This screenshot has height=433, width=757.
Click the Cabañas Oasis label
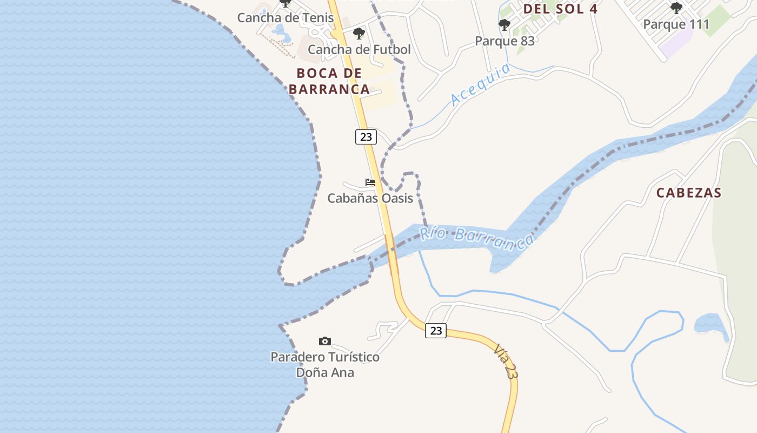click(370, 198)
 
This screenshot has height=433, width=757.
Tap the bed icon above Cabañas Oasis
click(370, 182)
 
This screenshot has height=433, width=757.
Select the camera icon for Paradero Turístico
click(324, 341)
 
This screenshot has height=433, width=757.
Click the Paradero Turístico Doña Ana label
click(324, 365)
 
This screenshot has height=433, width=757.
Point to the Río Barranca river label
click(476, 238)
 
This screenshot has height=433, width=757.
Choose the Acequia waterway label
click(480, 84)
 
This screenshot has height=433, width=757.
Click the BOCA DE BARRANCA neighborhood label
click(329, 81)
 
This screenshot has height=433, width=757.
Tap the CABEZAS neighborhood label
click(689, 193)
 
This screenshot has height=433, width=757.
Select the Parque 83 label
click(504, 41)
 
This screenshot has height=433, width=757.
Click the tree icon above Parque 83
click(504, 25)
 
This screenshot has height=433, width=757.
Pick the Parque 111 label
click(676, 24)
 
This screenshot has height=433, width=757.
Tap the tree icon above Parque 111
click(676, 8)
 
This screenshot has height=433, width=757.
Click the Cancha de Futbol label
click(359, 49)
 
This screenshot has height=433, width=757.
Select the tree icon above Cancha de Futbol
click(358, 34)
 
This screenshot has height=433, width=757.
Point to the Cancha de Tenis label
click(285, 17)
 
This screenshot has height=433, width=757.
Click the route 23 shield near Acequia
click(366, 137)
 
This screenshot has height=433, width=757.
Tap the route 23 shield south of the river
click(435, 330)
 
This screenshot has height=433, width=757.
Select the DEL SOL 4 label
click(560, 9)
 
